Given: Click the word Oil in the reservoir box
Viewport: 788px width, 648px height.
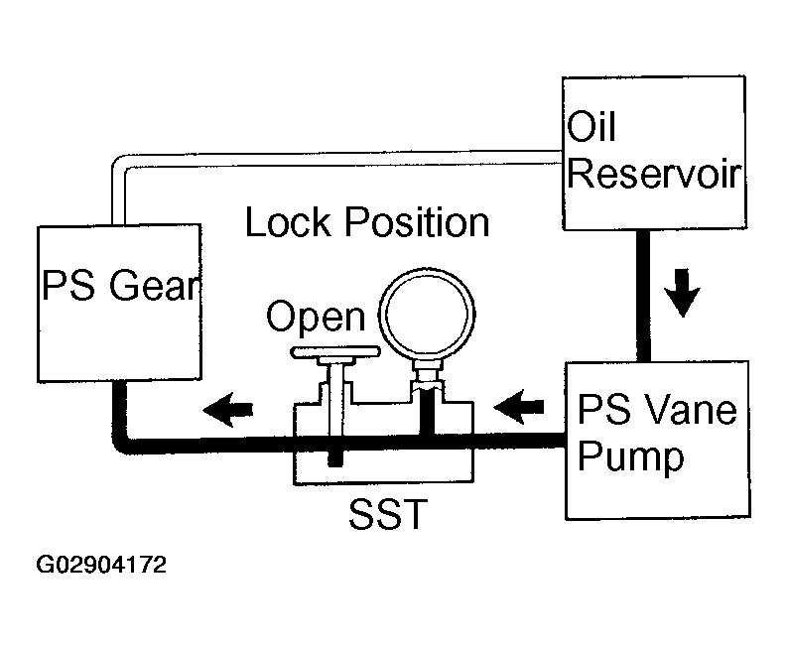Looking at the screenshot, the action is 591,126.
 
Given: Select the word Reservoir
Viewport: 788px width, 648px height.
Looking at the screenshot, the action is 654,174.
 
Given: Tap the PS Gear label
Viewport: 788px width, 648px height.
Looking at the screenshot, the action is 121,286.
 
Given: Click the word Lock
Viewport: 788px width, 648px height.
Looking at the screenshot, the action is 288,222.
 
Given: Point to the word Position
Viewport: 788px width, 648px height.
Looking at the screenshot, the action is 417,222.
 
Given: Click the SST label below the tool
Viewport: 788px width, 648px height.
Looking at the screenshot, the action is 388,514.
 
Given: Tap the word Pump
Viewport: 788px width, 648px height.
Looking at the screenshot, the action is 631,457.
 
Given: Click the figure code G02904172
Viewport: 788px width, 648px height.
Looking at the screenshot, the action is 101,565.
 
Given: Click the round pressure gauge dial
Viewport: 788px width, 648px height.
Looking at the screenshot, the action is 427,314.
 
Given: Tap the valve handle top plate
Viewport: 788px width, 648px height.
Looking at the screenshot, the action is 335,351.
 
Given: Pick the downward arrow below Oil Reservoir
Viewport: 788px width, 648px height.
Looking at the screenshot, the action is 682,293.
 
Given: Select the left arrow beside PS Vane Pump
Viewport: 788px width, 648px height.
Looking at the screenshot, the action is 519,407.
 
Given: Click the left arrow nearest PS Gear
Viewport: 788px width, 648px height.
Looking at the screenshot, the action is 227,410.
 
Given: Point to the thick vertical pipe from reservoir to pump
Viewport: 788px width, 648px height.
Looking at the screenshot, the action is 643,296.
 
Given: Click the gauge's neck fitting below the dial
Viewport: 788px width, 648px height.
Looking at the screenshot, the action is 427,376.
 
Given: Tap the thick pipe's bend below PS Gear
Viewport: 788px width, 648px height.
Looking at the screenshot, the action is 122,444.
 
